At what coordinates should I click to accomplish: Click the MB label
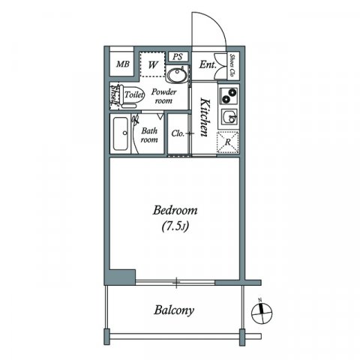(123, 64)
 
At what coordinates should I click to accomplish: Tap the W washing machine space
(152, 64)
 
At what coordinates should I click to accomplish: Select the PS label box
(178, 56)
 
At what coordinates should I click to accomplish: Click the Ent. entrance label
(208, 65)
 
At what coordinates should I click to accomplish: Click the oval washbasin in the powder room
(177, 75)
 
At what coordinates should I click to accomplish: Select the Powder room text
(164, 96)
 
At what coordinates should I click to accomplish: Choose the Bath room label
(150, 134)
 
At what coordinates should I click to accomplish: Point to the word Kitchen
(202, 117)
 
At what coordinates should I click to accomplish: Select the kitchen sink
(229, 117)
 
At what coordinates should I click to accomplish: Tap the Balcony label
(175, 310)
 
